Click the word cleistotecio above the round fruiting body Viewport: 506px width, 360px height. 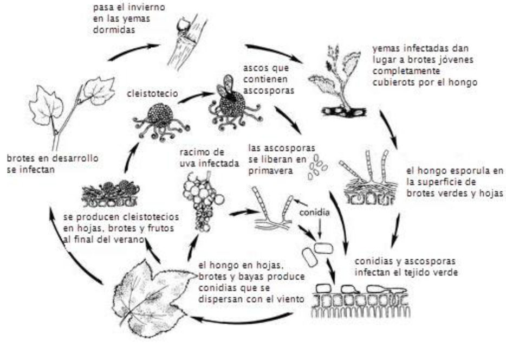pos(152,94)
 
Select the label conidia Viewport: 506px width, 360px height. pos(315,213)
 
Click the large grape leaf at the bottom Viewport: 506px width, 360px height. pos(152,299)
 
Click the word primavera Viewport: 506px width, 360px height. pos(270,171)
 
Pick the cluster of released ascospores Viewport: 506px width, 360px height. pos(316,166)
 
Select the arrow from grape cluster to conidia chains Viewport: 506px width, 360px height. pos(245,213)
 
